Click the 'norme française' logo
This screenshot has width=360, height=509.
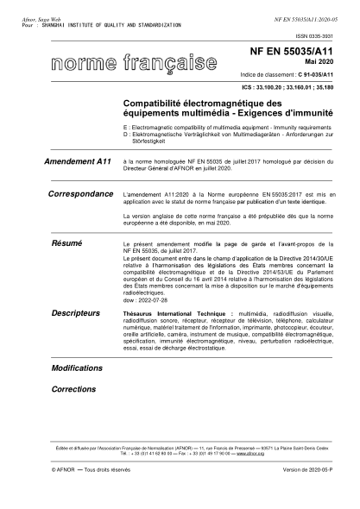click(x=133, y=66)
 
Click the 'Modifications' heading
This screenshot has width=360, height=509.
click(x=77, y=368)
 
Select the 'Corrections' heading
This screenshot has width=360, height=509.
click(x=73, y=389)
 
